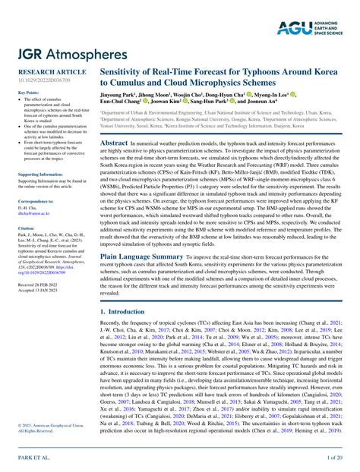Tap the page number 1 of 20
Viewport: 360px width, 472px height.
coord(334,458)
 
